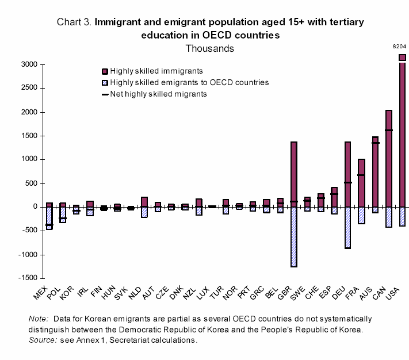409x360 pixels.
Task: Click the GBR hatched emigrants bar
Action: [x=294, y=236]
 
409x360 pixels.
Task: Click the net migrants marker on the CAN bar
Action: [x=389, y=130]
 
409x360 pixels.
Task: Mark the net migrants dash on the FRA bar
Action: [x=361, y=175]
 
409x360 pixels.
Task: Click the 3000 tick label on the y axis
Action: [x=29, y=64]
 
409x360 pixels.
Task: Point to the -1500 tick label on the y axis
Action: [x=26, y=278]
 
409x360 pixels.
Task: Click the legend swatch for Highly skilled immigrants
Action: [x=104, y=71]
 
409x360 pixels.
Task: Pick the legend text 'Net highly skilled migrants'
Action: [x=158, y=94]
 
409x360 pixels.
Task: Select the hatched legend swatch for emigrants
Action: [x=104, y=83]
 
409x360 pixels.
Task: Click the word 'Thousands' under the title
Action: [x=209, y=48]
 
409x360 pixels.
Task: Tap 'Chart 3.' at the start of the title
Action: [x=74, y=22]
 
